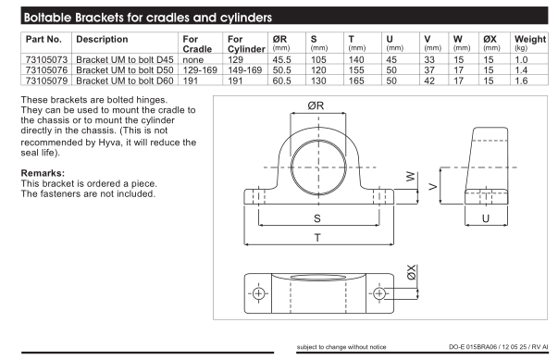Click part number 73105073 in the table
click(x=46, y=59)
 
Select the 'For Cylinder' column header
click(x=246, y=44)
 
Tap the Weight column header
click(x=530, y=39)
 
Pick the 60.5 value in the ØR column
click(x=281, y=81)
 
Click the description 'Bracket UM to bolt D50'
click(x=125, y=70)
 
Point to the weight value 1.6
click(x=521, y=81)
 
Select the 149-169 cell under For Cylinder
click(x=245, y=70)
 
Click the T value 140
click(x=356, y=60)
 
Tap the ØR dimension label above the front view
click(x=316, y=106)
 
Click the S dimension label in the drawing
click(x=317, y=218)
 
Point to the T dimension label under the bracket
click(x=317, y=238)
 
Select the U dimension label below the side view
click(x=486, y=218)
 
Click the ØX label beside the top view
click(x=411, y=272)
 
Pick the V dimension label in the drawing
click(x=433, y=186)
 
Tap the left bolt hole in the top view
click(x=258, y=293)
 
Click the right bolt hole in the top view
click(x=379, y=293)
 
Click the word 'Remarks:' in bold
click(x=43, y=173)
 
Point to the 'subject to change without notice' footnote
click(x=341, y=347)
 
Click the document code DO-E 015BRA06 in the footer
click(x=473, y=347)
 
